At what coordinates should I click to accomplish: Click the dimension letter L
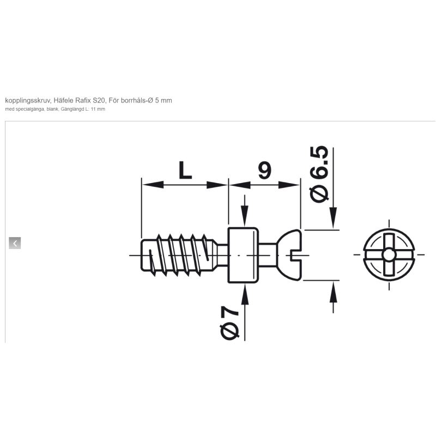(x=185, y=170)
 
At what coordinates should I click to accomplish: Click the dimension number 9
(x=264, y=170)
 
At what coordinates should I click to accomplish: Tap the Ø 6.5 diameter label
(x=319, y=174)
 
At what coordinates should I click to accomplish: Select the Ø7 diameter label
(x=229, y=323)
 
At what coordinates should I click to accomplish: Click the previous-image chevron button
(x=15, y=243)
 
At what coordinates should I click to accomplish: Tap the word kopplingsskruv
(x=28, y=101)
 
